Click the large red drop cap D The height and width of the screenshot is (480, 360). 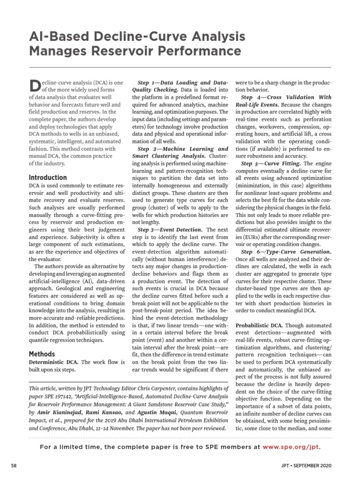(35, 85)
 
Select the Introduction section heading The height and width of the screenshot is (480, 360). (48, 178)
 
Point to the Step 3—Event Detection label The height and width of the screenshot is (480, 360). (171, 230)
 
